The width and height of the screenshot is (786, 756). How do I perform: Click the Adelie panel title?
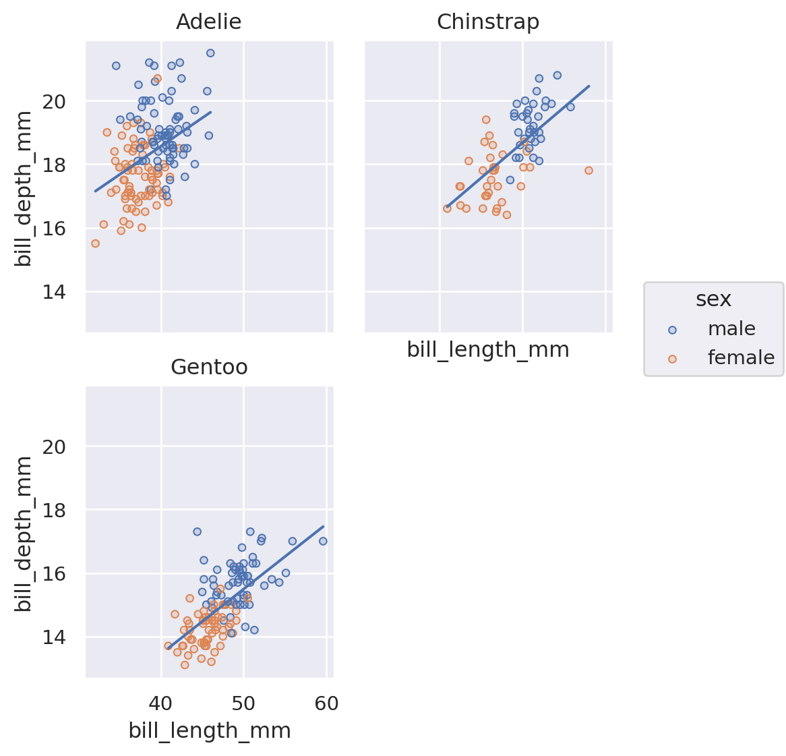pos(208,22)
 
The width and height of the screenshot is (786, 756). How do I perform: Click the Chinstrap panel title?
pos(487,22)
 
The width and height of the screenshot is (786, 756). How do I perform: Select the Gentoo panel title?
pos(209,367)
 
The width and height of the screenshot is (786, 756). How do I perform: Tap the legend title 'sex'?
pos(713,299)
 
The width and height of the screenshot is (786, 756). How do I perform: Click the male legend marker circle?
pos(671,330)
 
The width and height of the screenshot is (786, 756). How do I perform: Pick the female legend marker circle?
pos(671,359)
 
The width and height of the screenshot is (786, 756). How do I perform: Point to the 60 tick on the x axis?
pos(326,704)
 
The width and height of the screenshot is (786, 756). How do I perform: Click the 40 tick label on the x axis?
pos(160,704)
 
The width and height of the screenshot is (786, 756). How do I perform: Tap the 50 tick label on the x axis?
pos(243,704)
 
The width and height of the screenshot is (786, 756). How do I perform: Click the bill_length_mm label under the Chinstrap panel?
pos(487,350)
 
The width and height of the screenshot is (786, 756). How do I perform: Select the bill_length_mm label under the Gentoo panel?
pos(209,731)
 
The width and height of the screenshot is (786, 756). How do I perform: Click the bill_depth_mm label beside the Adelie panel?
pos(24,187)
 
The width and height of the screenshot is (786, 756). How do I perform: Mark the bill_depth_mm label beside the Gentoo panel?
pos(24,533)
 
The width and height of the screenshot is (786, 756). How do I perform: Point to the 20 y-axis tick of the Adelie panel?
pos(57,101)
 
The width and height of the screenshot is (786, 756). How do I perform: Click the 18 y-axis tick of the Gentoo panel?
pos(57,510)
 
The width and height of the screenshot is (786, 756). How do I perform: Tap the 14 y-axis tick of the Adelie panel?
pos(57,292)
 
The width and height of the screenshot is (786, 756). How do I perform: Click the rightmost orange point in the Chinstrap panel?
pos(588,171)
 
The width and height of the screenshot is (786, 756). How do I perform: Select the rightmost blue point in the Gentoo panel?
pos(323,541)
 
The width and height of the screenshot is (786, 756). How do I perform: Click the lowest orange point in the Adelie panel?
pos(95,243)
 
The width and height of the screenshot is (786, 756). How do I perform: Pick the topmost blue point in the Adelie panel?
pos(210,53)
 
